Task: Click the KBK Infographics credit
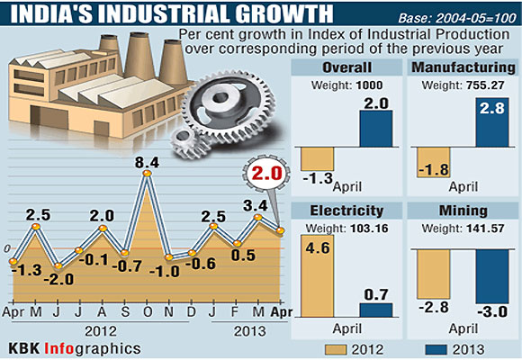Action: (x=75, y=346)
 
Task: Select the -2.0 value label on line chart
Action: (x=60, y=279)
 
